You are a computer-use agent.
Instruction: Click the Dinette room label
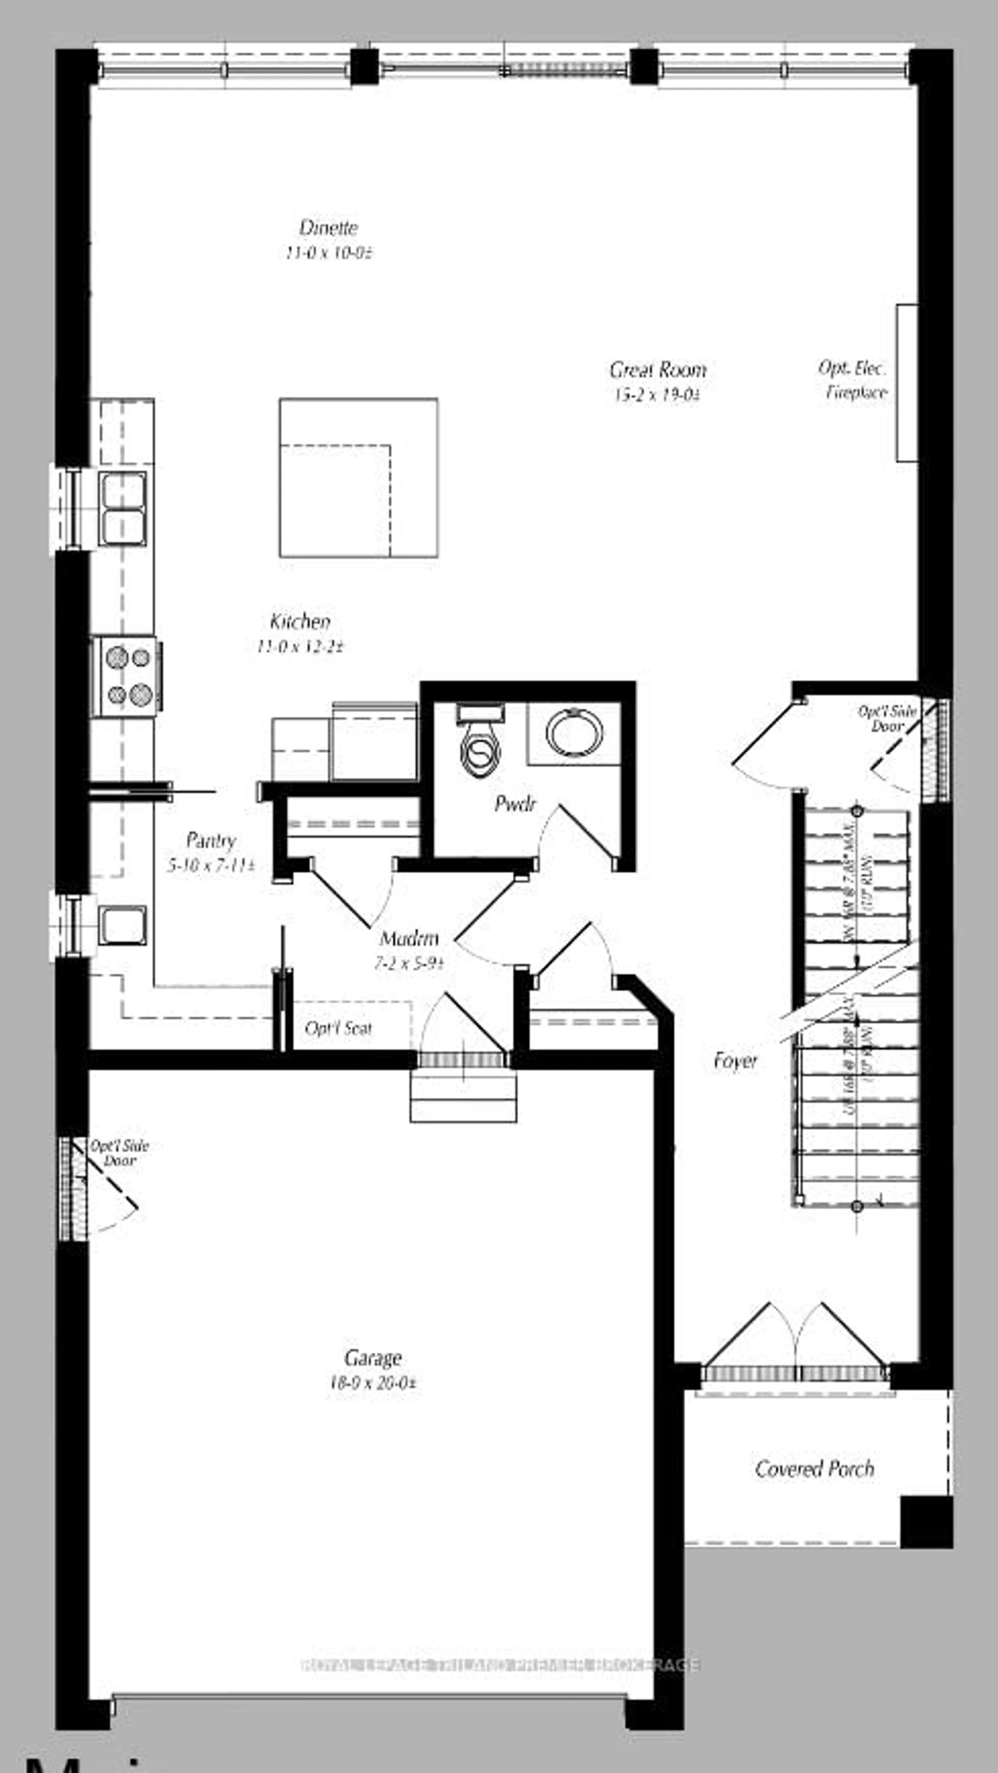[x=328, y=228]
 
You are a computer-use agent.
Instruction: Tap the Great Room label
[x=658, y=370]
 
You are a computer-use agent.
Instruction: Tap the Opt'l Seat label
[x=338, y=1028]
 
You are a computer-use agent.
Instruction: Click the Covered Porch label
[x=814, y=1469]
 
